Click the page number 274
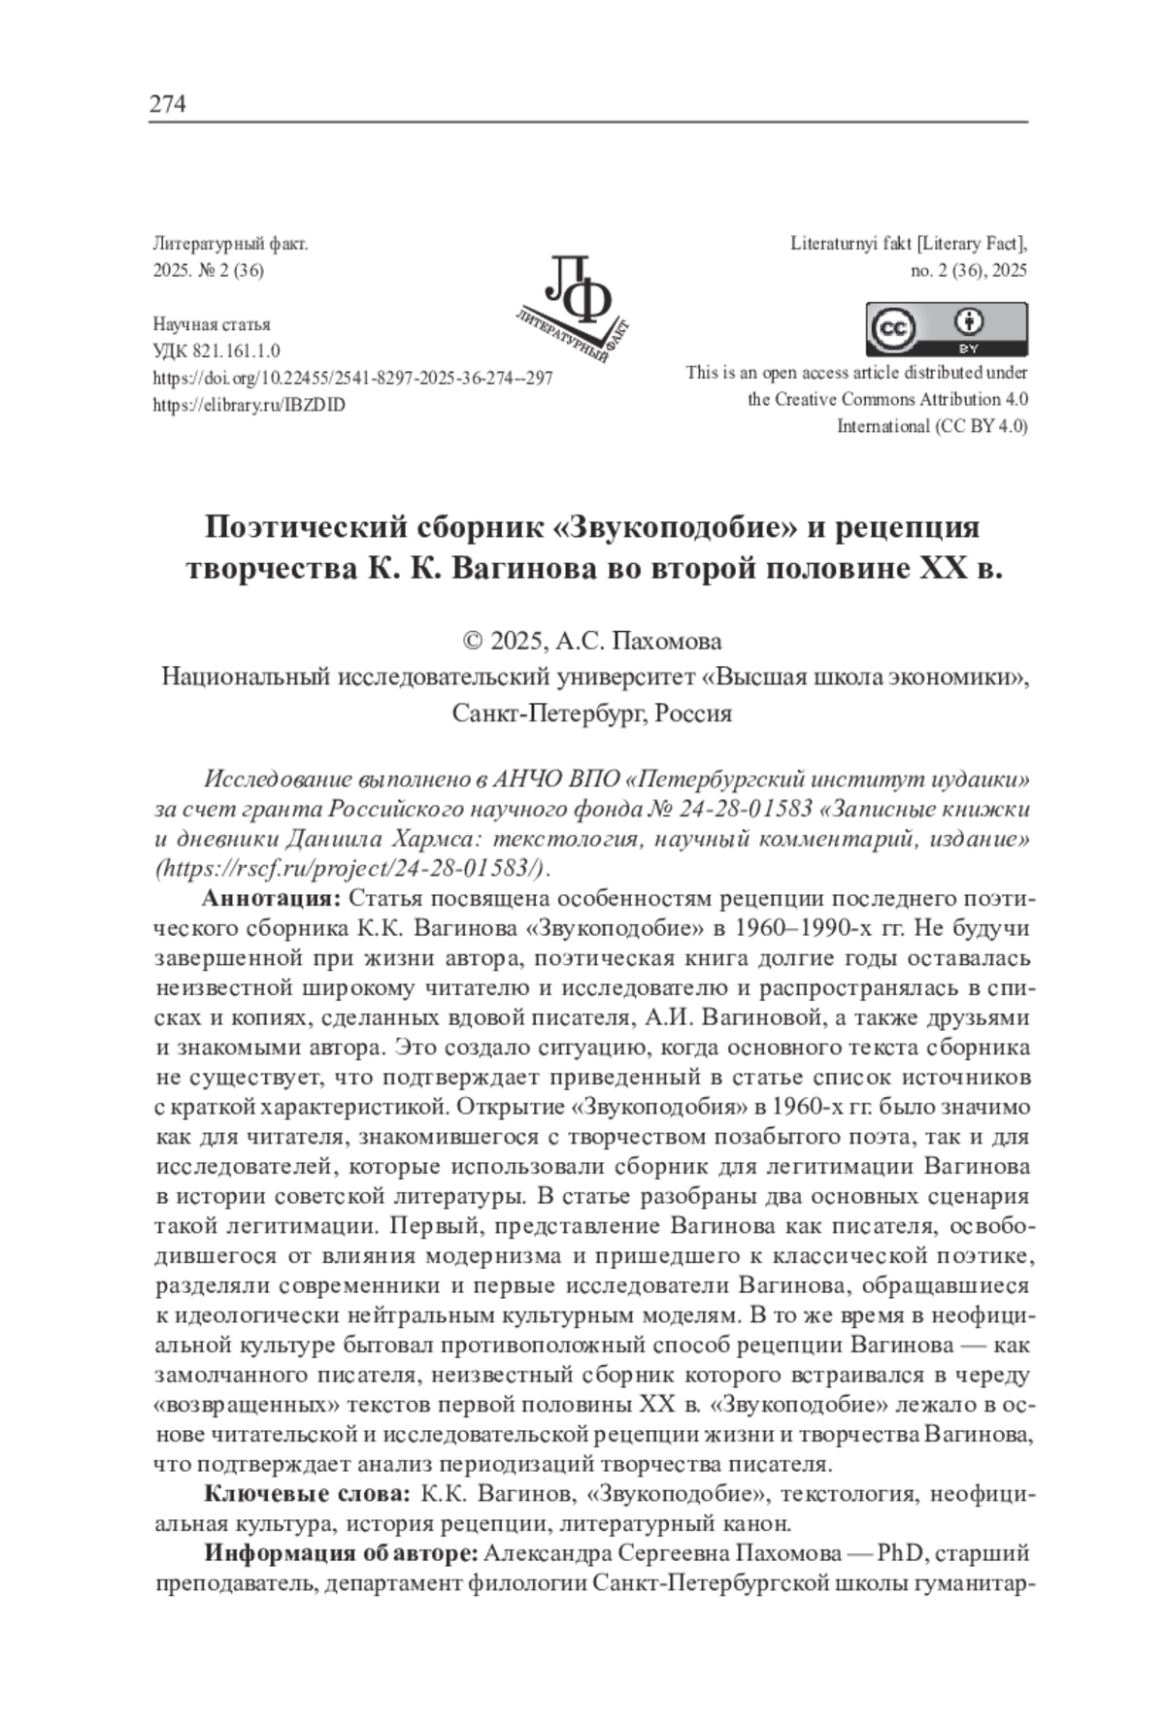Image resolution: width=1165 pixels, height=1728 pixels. point(167,104)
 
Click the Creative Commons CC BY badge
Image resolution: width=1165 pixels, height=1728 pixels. point(946,330)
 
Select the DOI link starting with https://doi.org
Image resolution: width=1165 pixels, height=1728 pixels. point(353,379)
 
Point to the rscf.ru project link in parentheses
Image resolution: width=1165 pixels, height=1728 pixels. point(349,866)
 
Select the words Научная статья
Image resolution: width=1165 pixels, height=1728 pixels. point(212,324)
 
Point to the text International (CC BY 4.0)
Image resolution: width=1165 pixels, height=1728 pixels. point(932,426)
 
